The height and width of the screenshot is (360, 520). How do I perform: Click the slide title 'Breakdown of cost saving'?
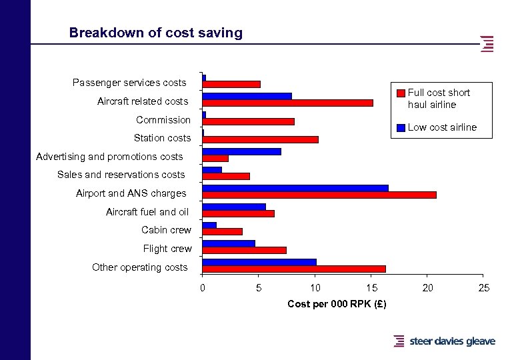[x=156, y=33]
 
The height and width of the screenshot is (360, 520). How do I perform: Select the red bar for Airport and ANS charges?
[x=319, y=195]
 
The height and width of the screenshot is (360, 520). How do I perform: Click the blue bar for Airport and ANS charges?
[x=295, y=188]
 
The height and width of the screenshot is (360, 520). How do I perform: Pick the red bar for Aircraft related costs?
[x=287, y=103]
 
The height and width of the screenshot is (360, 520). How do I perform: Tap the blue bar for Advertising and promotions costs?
[x=241, y=151]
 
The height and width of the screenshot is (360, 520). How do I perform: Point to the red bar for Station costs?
[x=260, y=139]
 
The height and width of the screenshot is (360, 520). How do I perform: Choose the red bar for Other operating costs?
[x=294, y=269]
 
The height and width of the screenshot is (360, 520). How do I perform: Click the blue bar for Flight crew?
[x=229, y=243]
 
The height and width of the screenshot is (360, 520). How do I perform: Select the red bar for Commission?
[x=248, y=121]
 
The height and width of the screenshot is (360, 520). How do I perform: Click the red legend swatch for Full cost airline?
[x=401, y=93]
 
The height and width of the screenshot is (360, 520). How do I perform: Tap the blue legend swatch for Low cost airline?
[x=401, y=127]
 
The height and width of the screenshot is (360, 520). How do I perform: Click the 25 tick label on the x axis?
[x=484, y=288]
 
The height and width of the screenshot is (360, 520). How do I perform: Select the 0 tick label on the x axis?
[x=203, y=288]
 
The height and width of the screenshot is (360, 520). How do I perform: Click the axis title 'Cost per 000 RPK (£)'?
[x=337, y=304]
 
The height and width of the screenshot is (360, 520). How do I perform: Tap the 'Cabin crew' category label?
[x=166, y=230]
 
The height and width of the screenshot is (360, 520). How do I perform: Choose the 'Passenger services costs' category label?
[x=129, y=83]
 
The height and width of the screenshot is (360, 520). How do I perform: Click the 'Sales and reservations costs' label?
[x=121, y=175]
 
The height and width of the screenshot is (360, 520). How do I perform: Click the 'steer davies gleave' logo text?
[x=452, y=341]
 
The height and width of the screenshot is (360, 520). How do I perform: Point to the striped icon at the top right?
[x=487, y=43]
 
